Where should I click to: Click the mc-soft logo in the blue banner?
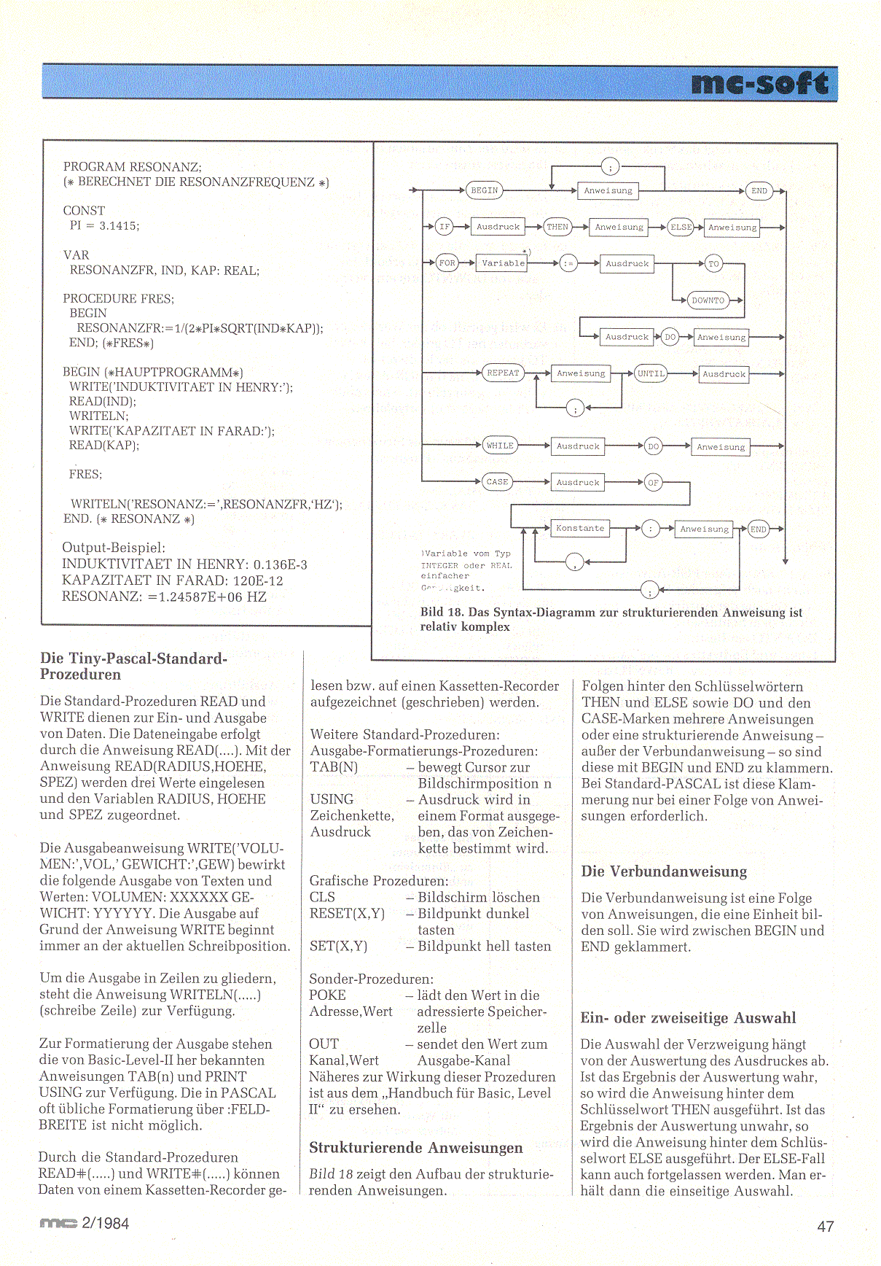[x=759, y=84]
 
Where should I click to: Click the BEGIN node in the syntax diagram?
[x=484, y=190]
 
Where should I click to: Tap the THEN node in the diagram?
[x=557, y=227]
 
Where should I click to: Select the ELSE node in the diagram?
[x=681, y=227]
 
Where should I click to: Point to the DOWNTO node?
[x=708, y=300]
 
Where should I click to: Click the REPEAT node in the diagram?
[x=503, y=373]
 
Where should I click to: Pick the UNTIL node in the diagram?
[x=651, y=373]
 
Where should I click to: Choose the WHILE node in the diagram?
[x=500, y=446]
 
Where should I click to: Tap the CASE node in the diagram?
[x=497, y=482]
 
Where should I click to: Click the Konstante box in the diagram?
[x=580, y=528]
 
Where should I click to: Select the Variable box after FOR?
[x=503, y=263]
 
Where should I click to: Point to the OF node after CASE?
[x=653, y=483]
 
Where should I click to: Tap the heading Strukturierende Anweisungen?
[x=415, y=1148]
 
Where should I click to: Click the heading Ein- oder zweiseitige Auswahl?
[x=688, y=1018]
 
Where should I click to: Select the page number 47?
[x=825, y=1227]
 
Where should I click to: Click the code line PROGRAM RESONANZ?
[x=132, y=167]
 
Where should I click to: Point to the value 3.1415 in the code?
[x=118, y=226]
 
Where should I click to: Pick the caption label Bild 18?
[x=442, y=613]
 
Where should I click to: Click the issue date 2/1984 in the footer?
[x=105, y=1224]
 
